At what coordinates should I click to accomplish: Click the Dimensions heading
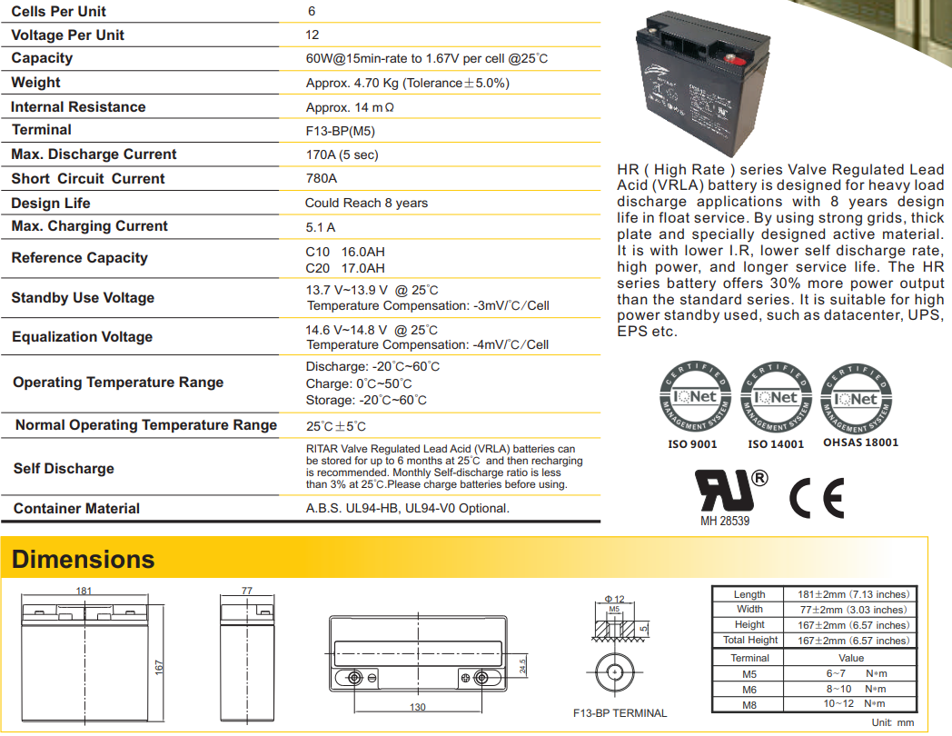pos(84,559)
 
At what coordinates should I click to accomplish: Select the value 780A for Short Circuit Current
pos(322,179)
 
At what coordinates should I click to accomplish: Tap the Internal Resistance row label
pos(78,107)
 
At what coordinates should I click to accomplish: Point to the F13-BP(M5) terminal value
pos(341,131)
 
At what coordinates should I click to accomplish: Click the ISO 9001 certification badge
pos(693,400)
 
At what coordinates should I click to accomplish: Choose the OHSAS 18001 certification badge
pos(860,400)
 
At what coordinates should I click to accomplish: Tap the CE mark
pos(816,497)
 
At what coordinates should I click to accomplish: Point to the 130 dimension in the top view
pos(417,706)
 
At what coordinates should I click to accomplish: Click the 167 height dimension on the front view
pos(158,668)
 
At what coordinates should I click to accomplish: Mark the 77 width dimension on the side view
pos(246,591)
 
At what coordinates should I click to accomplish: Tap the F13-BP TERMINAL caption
pos(620,713)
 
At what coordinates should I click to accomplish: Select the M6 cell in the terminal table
pos(749,689)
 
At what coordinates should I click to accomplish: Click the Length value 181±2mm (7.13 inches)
pos(851,594)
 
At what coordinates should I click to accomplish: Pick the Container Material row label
pos(77,509)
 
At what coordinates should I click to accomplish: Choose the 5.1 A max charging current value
pos(321,227)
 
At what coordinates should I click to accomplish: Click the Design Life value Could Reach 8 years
pos(366,203)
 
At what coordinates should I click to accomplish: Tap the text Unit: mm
pos(893,722)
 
